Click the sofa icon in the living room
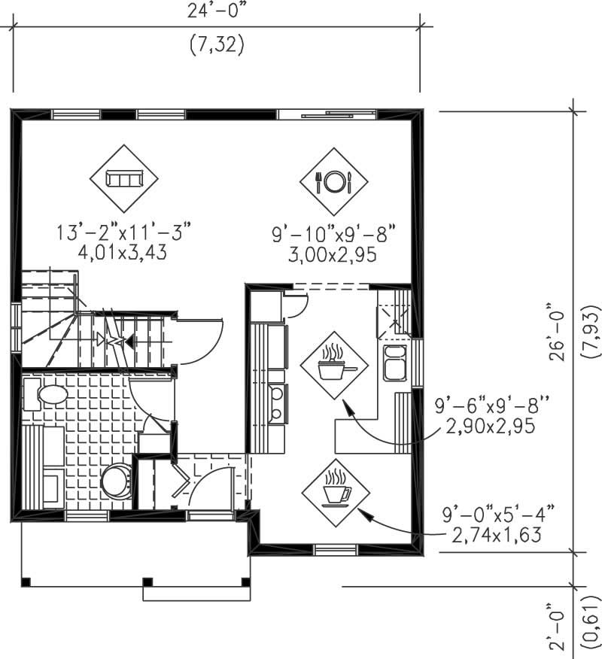pyautogui.click(x=124, y=179)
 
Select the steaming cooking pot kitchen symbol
pyautogui.click(x=333, y=365)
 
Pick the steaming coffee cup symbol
pyautogui.click(x=335, y=489)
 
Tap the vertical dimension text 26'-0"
pyautogui.click(x=557, y=332)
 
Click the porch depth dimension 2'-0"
pyautogui.click(x=557, y=624)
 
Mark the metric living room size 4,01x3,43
pyautogui.click(x=123, y=253)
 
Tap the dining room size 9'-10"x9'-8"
pyautogui.click(x=333, y=235)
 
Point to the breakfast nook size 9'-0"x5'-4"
pyautogui.click(x=499, y=515)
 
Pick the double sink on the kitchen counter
pyautogui.click(x=395, y=364)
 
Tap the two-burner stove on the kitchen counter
pyautogui.click(x=277, y=402)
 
